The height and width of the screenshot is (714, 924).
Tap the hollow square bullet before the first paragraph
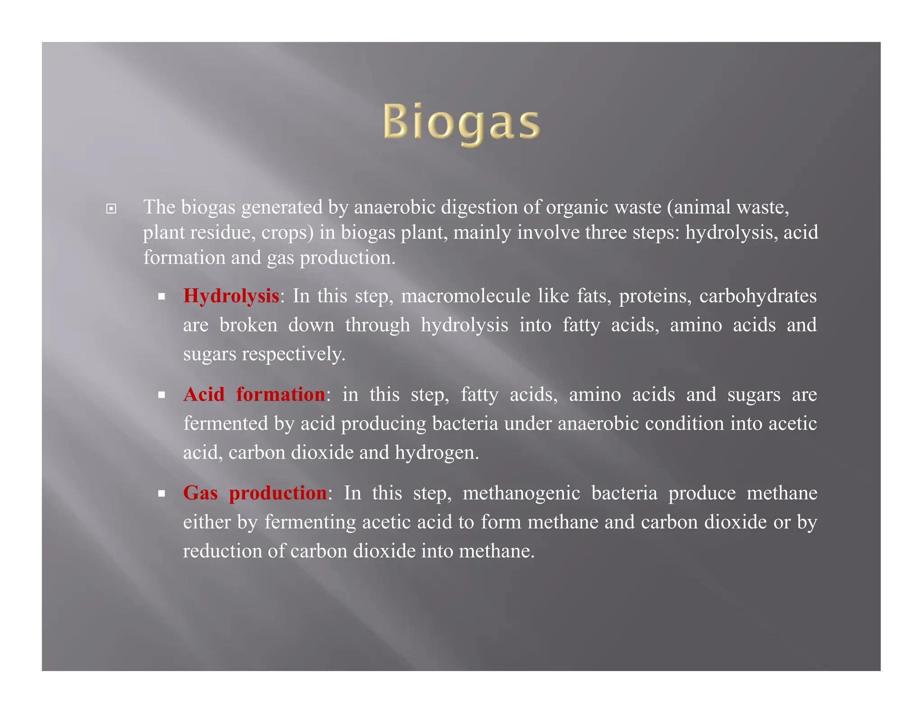[x=111, y=209]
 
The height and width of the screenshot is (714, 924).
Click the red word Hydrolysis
[x=231, y=296]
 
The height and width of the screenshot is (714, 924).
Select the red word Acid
[x=204, y=394]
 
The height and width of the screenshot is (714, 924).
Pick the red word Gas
[x=200, y=493]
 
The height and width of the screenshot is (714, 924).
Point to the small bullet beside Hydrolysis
[x=162, y=297]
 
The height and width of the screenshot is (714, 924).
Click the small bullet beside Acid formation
[x=162, y=395]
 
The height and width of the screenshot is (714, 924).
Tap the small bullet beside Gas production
[x=162, y=494]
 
